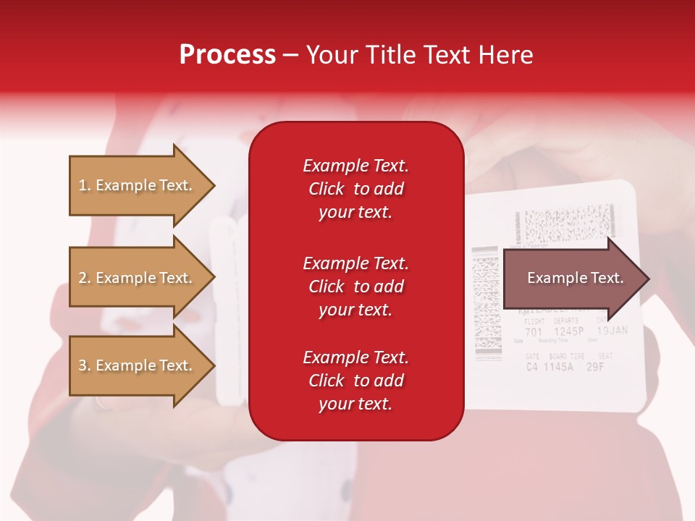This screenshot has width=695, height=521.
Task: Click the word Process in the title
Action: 227,55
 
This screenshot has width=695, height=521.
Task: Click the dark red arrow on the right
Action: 572,278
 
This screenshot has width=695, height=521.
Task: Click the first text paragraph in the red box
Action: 355,189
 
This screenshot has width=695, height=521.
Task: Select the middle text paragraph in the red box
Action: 355,287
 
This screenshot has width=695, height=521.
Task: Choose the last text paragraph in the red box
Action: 355,381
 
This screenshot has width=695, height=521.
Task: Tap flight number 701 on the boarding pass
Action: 533,332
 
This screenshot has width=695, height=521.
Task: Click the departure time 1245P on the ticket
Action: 569,332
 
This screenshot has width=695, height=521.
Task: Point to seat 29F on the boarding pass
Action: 595,366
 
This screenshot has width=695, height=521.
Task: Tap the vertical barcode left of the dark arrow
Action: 486,304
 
